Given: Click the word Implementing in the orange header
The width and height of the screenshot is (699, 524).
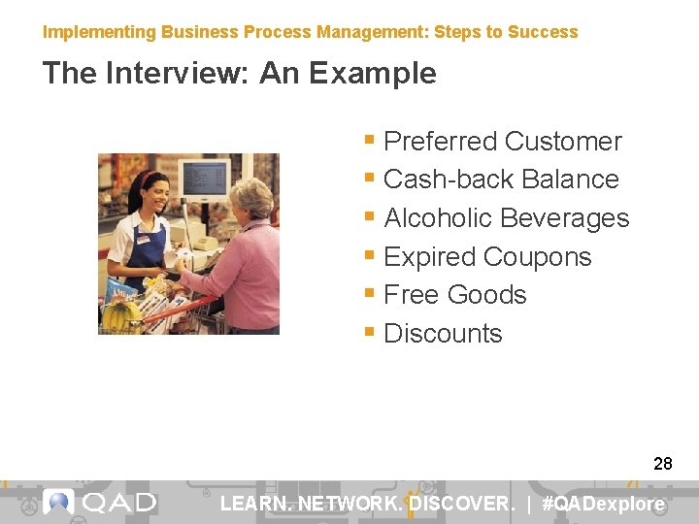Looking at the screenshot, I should click(99, 32).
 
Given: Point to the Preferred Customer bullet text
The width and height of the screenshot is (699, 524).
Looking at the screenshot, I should click(502, 142).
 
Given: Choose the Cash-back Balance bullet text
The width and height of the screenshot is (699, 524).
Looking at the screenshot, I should click(501, 180).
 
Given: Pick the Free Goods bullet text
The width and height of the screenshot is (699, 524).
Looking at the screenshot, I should click(454, 295).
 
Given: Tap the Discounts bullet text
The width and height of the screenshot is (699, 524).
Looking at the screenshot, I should click(443, 334).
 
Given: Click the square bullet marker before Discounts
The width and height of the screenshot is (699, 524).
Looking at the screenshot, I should click(369, 333).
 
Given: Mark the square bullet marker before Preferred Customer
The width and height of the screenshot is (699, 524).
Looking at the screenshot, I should click(369, 141).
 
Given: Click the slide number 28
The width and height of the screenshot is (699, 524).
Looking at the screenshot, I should click(662, 464).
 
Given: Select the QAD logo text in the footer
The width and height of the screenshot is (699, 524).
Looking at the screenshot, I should click(118, 503).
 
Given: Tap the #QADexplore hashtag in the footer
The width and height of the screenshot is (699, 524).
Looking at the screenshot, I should click(603, 504).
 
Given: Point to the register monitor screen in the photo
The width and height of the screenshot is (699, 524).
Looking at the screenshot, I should click(205, 180).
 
